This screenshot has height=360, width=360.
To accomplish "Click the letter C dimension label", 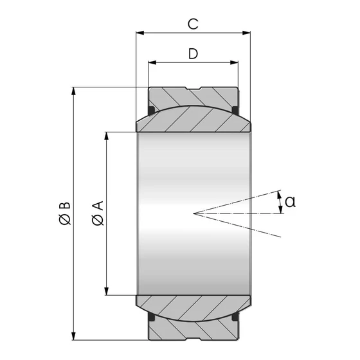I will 192,24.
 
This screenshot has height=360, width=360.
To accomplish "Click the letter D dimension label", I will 193,54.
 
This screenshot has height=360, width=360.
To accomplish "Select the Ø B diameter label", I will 64,213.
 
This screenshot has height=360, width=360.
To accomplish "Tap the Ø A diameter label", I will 98,213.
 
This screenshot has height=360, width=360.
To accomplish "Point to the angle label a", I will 290,202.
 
